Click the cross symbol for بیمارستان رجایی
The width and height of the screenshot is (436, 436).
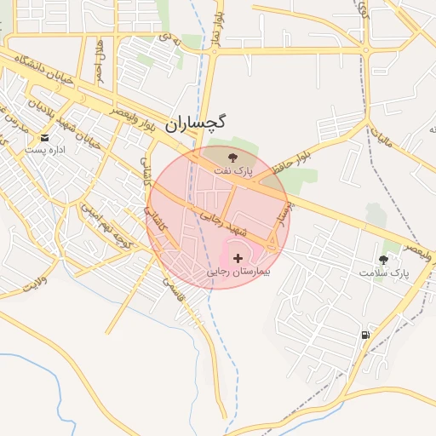click(237, 257)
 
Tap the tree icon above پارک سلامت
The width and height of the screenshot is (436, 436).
click(382, 259)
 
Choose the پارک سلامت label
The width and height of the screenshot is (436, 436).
click(383, 273)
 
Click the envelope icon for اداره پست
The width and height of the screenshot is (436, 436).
click(44, 136)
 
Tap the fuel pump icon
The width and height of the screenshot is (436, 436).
click(365, 335)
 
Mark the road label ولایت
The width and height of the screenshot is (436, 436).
click(31, 282)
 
